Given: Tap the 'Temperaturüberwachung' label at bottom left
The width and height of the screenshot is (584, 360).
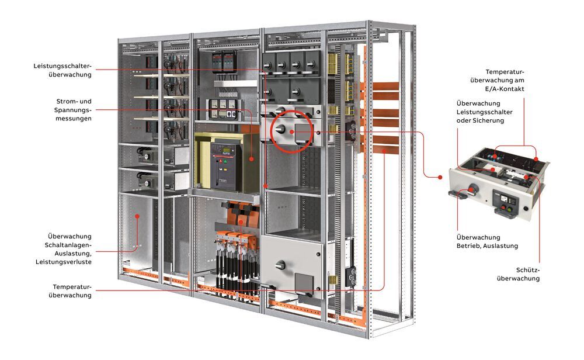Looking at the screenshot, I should click(x=72, y=291).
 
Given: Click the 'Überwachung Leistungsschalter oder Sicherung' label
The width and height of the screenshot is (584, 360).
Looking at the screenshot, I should click(x=480, y=112).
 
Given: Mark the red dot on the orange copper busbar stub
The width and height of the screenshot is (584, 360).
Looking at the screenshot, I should click(x=385, y=151).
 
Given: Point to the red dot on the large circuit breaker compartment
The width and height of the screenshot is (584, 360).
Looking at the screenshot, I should click(x=252, y=158).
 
